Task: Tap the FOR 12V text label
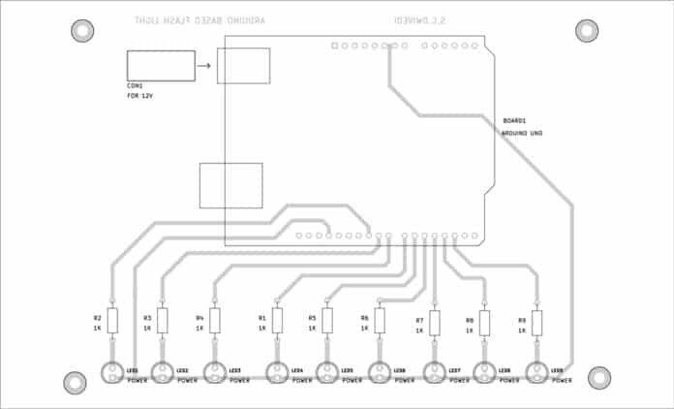point(140,96)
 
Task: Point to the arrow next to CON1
point(203,67)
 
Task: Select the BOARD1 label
point(514,120)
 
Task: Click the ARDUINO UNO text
point(522,133)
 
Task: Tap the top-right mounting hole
point(587,31)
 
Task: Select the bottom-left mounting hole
point(76,382)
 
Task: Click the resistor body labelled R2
point(112,320)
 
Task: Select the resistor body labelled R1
point(277,320)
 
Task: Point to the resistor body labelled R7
point(435,323)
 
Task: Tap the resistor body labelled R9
point(536,322)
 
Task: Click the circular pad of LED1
point(112,373)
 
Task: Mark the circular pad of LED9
point(536,373)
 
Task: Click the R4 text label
point(199,317)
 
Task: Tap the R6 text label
point(364,317)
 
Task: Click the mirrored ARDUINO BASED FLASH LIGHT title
point(204,19)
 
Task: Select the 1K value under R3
point(147,329)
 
